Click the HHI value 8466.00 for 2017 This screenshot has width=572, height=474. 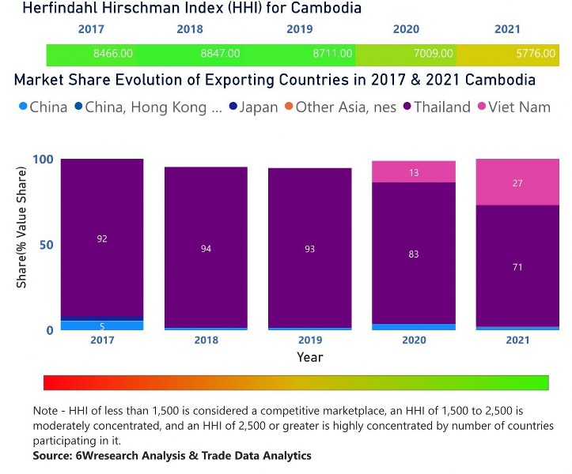click(112, 55)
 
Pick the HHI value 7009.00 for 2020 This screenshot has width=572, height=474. click(434, 55)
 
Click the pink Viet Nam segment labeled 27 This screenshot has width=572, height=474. click(517, 182)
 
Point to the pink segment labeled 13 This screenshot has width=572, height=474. click(414, 172)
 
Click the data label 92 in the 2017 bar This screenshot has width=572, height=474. click(102, 238)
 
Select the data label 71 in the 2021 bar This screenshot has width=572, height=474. click(517, 267)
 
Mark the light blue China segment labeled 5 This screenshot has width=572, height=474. click(102, 325)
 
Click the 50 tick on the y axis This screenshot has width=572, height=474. click(47, 245)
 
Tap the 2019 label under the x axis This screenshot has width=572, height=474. click(310, 340)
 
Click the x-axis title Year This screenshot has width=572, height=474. click(309, 357)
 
